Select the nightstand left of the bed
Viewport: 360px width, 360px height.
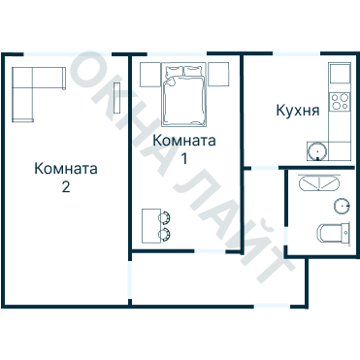(x=149, y=73)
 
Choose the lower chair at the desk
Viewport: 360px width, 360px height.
(x=164, y=234)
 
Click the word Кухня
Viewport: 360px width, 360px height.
(x=297, y=112)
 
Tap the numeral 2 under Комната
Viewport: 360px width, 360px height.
(x=65, y=186)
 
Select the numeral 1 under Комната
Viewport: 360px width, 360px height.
(x=184, y=158)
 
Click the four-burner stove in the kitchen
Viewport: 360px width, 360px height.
(x=340, y=101)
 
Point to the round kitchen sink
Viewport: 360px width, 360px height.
(x=319, y=150)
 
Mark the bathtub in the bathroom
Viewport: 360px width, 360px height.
(x=318, y=183)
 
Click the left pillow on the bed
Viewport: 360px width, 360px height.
(x=173, y=73)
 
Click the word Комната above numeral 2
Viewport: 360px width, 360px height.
(x=65, y=169)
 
